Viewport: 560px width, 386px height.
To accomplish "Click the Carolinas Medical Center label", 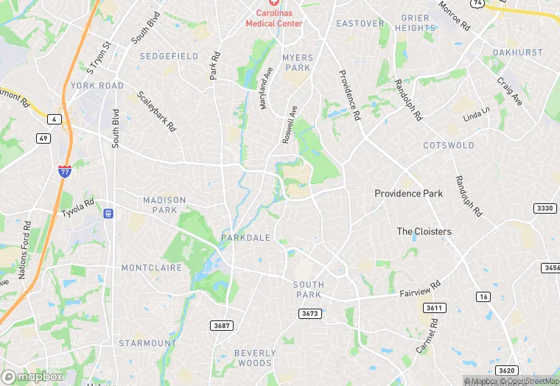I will (x=274, y=18).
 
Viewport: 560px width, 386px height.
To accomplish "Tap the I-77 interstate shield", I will (x=65, y=171).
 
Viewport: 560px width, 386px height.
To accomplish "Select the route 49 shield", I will (x=43, y=138).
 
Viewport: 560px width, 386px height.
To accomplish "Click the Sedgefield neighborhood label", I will (x=169, y=56).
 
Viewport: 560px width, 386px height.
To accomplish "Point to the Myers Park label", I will (x=298, y=63).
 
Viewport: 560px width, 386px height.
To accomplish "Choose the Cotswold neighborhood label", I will (x=448, y=145).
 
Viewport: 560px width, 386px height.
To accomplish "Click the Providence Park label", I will (x=408, y=194).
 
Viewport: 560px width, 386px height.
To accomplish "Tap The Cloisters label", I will (x=424, y=231).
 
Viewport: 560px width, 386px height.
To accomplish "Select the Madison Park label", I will (x=164, y=205).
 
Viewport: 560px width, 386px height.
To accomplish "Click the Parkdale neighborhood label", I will (x=245, y=238).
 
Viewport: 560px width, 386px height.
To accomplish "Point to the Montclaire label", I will (x=151, y=267).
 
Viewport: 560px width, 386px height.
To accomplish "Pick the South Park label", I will (x=308, y=289).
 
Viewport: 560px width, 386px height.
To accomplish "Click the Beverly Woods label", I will (x=255, y=358).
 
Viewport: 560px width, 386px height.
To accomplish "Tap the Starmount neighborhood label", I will (x=147, y=343).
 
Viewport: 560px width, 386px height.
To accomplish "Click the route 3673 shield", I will (x=309, y=314).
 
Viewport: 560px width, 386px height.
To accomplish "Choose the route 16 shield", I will (x=483, y=296).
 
